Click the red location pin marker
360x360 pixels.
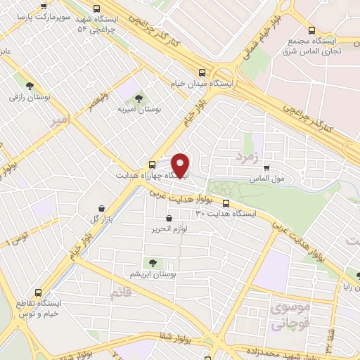[181, 165]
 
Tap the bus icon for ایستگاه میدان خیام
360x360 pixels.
[202, 72]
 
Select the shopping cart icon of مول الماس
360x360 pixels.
[266, 167]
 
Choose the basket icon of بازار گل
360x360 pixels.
[103, 208]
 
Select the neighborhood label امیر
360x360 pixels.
[61, 121]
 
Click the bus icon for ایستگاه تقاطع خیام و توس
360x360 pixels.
[38, 293]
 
